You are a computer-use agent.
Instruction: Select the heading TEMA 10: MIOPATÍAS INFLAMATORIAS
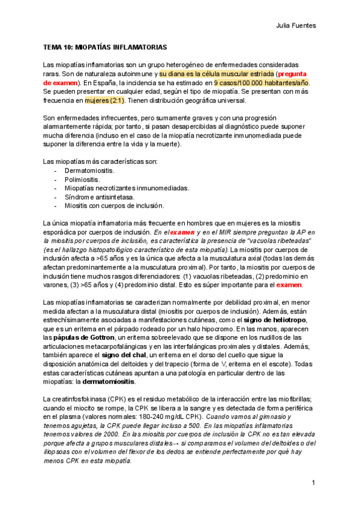105,47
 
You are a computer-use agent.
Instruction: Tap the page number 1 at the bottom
313,483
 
